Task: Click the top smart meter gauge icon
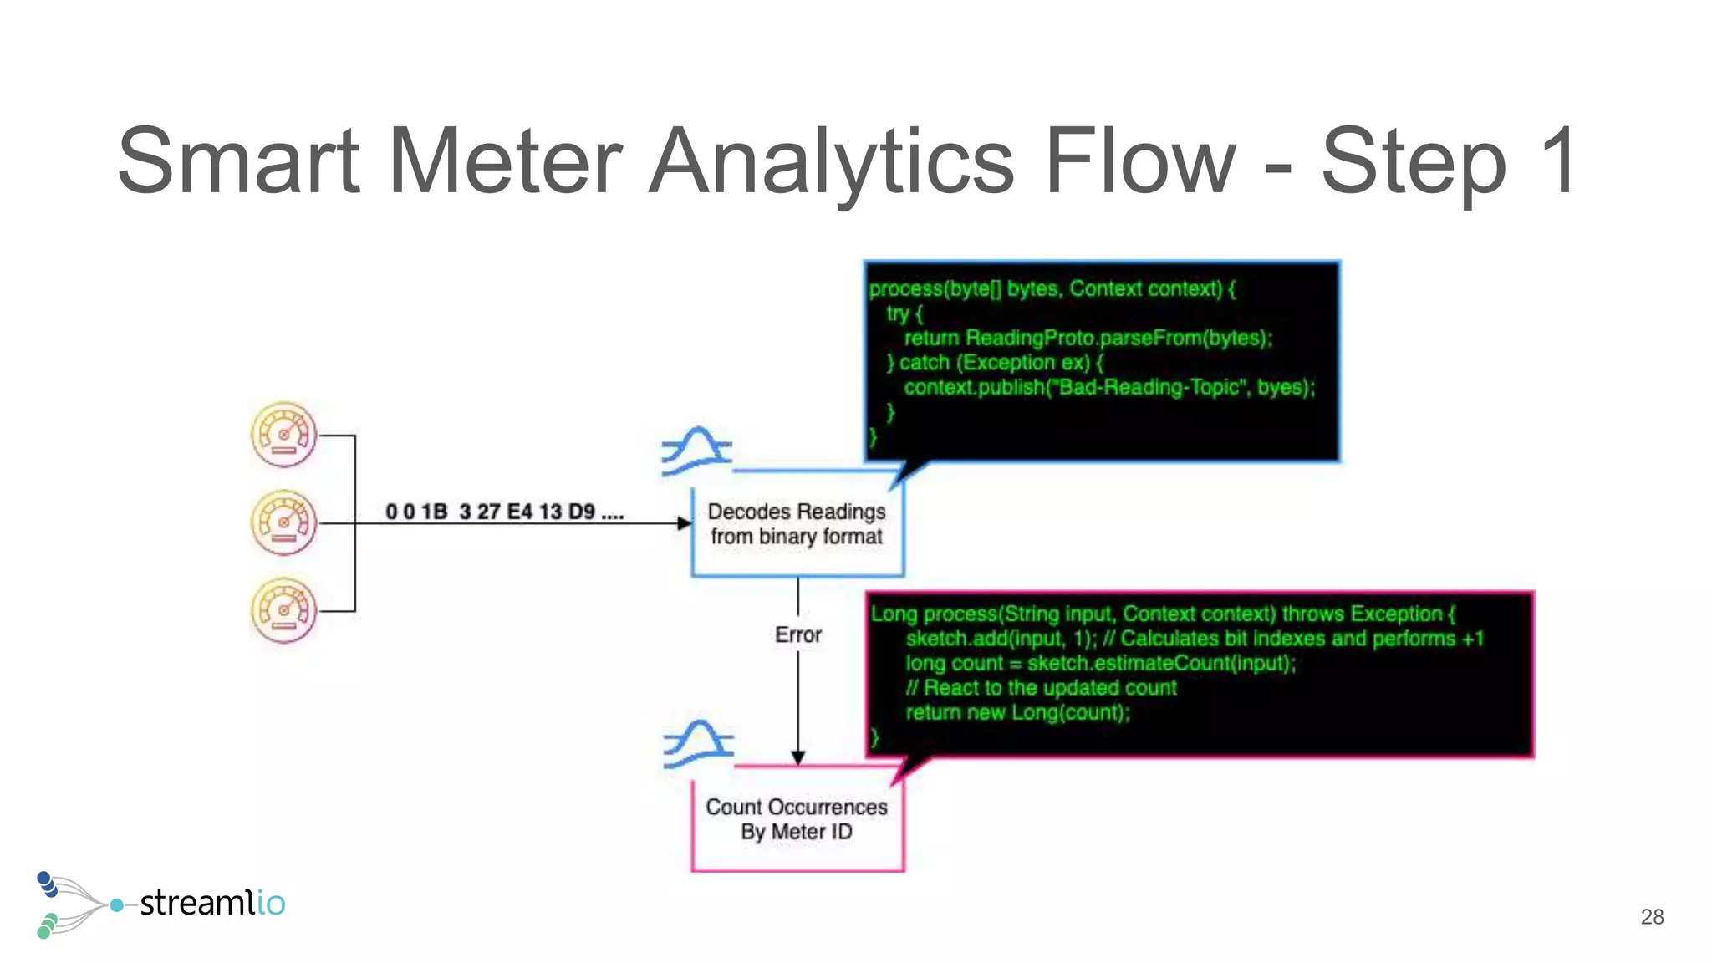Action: click(x=284, y=435)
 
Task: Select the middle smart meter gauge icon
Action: click(x=284, y=522)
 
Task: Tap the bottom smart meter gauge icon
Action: click(x=284, y=610)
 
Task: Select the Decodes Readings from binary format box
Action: click(x=797, y=524)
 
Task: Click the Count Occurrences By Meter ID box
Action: click(x=797, y=819)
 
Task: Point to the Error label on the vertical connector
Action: click(x=798, y=635)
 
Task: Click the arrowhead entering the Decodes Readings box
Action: click(x=684, y=523)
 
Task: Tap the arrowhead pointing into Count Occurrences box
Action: click(x=798, y=757)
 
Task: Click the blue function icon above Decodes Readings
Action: click(x=696, y=451)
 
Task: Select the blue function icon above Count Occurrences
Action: click(x=698, y=743)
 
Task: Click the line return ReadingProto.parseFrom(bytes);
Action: click(x=1087, y=338)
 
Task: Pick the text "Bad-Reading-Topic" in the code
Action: click(x=1149, y=387)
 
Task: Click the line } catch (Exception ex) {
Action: click(x=995, y=363)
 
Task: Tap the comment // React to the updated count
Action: click(x=1041, y=688)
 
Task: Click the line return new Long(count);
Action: click(x=1017, y=712)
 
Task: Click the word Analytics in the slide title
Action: click(x=831, y=160)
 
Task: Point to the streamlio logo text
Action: click(x=212, y=903)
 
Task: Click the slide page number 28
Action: click(x=1652, y=917)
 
